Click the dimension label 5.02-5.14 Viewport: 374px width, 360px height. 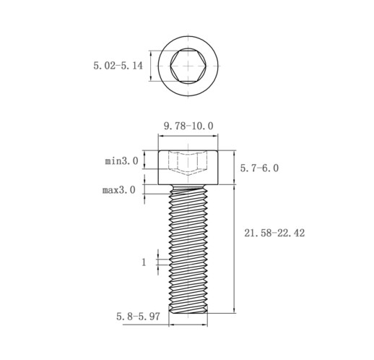[118, 66]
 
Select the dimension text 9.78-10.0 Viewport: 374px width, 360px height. [188, 126]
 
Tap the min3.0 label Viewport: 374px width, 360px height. [121, 161]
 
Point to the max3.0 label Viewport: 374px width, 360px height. [119, 190]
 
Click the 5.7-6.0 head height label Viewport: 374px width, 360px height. [259, 168]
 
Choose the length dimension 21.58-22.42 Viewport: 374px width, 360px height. [274, 233]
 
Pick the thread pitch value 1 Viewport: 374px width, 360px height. [144, 262]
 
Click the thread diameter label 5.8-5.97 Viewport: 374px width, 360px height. [138, 317]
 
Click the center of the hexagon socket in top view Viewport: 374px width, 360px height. [188, 66]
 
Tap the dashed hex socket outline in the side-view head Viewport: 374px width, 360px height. [188, 163]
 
